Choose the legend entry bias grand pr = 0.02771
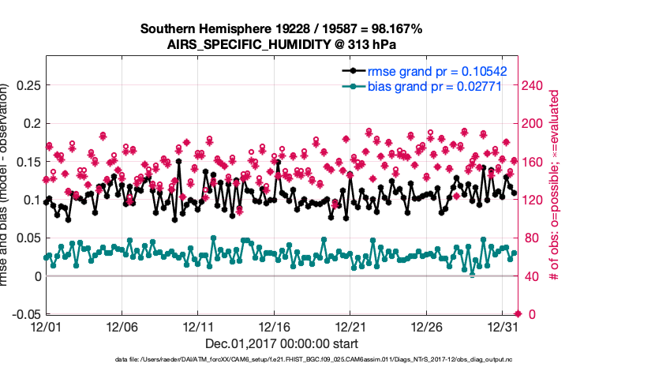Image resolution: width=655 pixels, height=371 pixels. point(435,86)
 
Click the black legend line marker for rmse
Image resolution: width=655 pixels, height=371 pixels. point(350,71)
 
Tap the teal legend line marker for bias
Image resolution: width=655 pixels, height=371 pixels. point(350,86)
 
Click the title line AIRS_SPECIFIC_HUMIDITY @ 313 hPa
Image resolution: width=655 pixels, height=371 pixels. point(282,44)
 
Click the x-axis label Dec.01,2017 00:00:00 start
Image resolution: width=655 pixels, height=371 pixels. point(281,343)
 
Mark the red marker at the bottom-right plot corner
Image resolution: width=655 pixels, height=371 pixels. point(518,314)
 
